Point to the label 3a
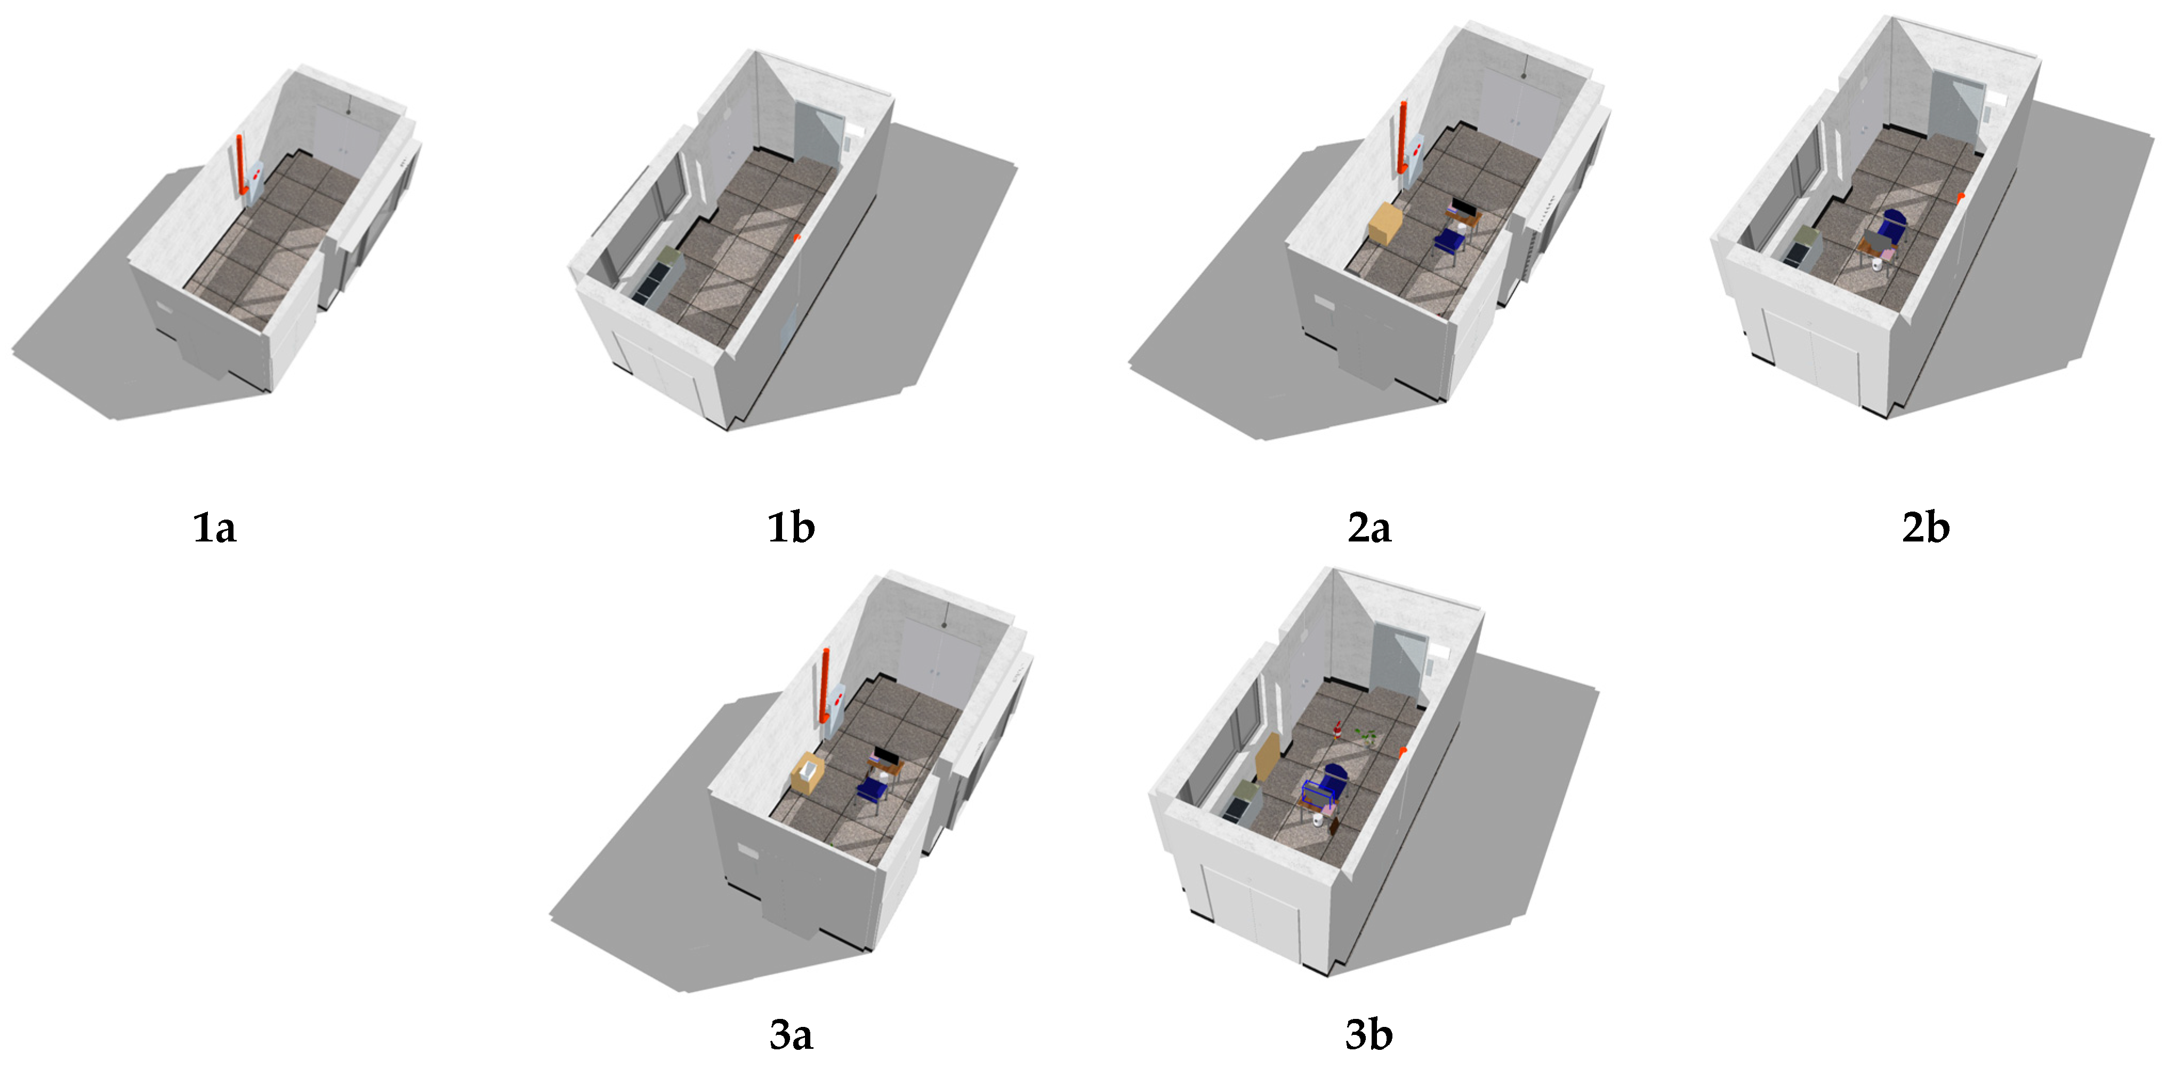(791, 1035)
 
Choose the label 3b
(1368, 1035)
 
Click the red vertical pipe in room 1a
(240, 164)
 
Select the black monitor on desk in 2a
(1464, 207)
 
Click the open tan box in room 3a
(808, 772)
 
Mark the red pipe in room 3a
(824, 686)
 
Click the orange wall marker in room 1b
(796, 238)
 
